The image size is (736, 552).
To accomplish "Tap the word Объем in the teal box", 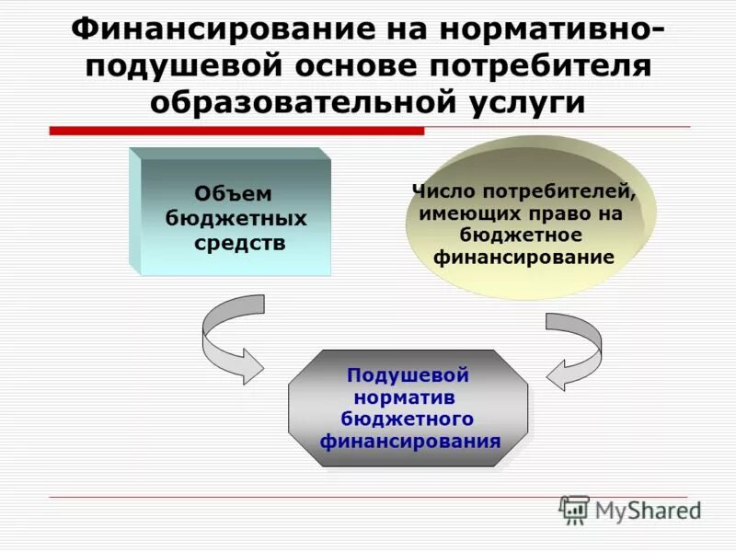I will click(234, 194).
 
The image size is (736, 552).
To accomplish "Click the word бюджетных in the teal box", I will click(236, 219).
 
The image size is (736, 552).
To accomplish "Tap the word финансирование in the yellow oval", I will click(523, 258).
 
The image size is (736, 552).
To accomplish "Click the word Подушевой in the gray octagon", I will click(408, 375).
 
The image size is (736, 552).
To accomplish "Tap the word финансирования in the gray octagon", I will click(410, 441).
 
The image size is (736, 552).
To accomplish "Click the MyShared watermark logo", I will click(629, 510).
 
